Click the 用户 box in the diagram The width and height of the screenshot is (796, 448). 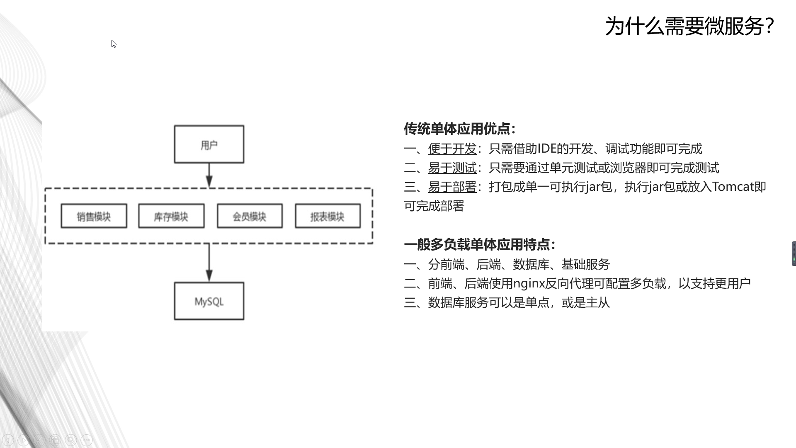pyautogui.click(x=209, y=144)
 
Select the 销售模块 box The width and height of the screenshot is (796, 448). pyautogui.click(x=94, y=216)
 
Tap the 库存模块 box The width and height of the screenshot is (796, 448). pyautogui.click(x=171, y=216)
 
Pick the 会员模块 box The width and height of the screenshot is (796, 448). pyautogui.click(x=250, y=216)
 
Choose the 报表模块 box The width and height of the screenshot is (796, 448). pyautogui.click(x=328, y=216)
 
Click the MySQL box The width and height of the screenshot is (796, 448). pyautogui.click(x=209, y=301)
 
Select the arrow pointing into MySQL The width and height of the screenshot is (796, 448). pyautogui.click(x=209, y=263)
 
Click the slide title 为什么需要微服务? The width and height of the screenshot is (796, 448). pyautogui.click(x=689, y=26)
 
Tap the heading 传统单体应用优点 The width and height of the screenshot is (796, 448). pyautogui.click(x=459, y=129)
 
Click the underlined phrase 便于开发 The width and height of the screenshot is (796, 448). pyautogui.click(x=452, y=149)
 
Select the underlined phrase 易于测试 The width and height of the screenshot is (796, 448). pyautogui.click(x=452, y=168)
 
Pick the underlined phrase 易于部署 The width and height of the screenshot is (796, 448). pyautogui.click(x=452, y=187)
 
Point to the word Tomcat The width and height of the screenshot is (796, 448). pyautogui.click(x=733, y=187)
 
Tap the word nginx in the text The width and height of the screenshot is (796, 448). pyautogui.click(x=529, y=284)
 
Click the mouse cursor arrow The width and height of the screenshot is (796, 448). pyautogui.click(x=114, y=44)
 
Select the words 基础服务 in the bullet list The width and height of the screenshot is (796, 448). pyautogui.click(x=585, y=264)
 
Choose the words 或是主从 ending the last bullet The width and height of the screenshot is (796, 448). pyautogui.click(x=585, y=303)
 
